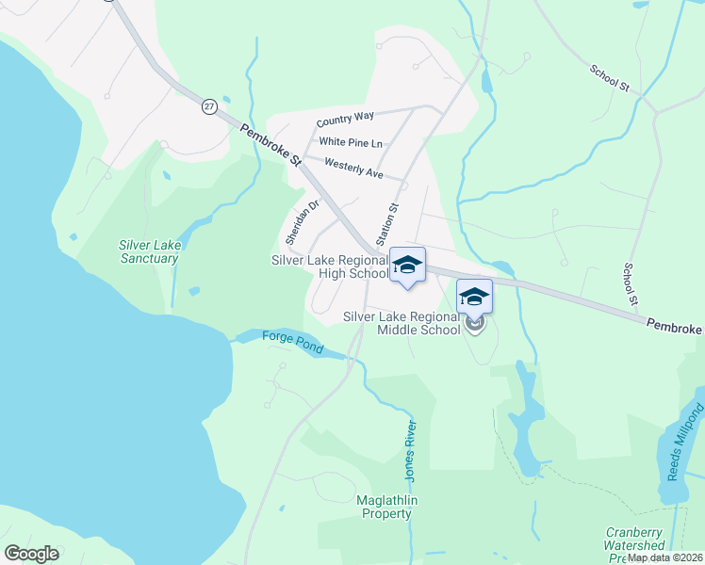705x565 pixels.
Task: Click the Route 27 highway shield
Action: (208, 106)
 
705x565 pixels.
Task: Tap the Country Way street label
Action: (345, 119)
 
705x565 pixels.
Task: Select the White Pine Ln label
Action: (351, 142)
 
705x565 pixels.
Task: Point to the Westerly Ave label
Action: (352, 169)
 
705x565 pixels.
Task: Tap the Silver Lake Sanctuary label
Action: (149, 251)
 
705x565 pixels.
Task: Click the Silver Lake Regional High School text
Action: (329, 266)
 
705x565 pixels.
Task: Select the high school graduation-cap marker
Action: (407, 264)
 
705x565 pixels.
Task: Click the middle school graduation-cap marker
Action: (474, 297)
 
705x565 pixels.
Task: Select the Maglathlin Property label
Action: (385, 507)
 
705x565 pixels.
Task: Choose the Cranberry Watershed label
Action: (634, 539)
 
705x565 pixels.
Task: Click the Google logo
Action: (31, 554)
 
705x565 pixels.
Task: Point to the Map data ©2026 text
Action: (664, 557)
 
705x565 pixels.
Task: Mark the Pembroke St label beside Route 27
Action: (269, 149)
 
